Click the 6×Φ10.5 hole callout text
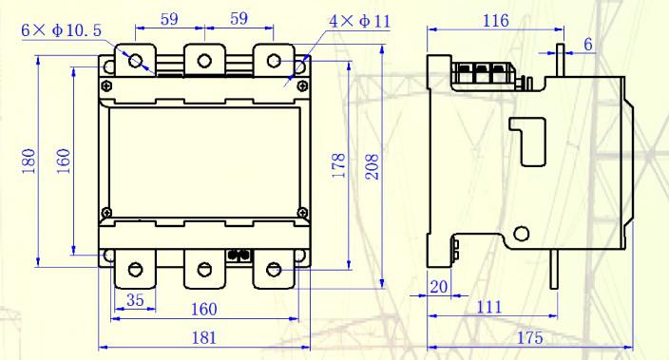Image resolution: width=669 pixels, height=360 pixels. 61,31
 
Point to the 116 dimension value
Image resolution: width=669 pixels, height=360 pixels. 494,20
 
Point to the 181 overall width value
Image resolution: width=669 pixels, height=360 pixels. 204,336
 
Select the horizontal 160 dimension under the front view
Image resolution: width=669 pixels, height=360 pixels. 204,309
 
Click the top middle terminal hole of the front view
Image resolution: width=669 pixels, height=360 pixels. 204,62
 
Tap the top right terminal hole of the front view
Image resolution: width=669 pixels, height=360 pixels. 274,62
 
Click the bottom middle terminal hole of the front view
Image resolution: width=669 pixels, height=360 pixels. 204,269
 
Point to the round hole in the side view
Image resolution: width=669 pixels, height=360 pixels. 520,234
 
